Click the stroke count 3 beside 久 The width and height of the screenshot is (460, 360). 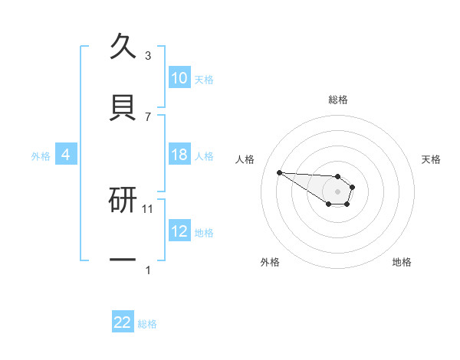pos(148,56)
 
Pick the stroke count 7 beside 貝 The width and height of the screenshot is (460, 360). pos(148,117)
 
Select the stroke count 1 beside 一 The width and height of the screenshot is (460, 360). pos(148,270)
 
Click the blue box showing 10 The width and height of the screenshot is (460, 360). pos(179,78)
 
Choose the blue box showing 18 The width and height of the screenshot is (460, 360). pos(179,155)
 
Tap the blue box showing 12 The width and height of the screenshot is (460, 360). pos(179,231)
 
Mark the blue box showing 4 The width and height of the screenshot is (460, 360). pos(66,155)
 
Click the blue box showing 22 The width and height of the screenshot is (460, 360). pos(123,322)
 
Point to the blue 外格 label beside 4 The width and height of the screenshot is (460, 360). pos(41,156)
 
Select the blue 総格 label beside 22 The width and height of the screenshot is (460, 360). pos(147,324)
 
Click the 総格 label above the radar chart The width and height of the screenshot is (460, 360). pos(338,100)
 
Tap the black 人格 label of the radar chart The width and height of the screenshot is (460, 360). pos(245,159)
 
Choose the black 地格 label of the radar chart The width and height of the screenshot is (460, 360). pos(402,262)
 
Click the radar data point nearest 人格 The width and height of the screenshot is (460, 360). pos(279,172)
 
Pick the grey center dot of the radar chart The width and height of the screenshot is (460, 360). pos(338,191)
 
